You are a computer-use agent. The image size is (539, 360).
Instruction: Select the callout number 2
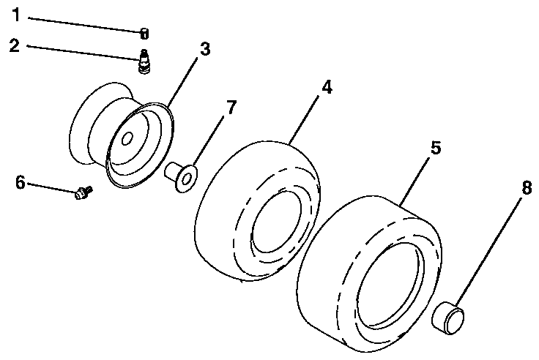15,45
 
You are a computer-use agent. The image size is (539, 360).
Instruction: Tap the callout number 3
204,50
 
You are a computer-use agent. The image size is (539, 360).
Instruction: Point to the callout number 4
327,87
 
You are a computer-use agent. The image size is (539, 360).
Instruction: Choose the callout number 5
435,147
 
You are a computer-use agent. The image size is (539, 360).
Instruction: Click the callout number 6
21,181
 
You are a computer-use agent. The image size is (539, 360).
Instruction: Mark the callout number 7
231,108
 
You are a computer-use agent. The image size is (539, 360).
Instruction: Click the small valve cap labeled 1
145,32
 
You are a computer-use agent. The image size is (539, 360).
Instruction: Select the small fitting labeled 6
82,193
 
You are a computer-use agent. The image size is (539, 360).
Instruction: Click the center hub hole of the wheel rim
126,138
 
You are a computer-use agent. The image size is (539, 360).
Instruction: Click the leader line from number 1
81,25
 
